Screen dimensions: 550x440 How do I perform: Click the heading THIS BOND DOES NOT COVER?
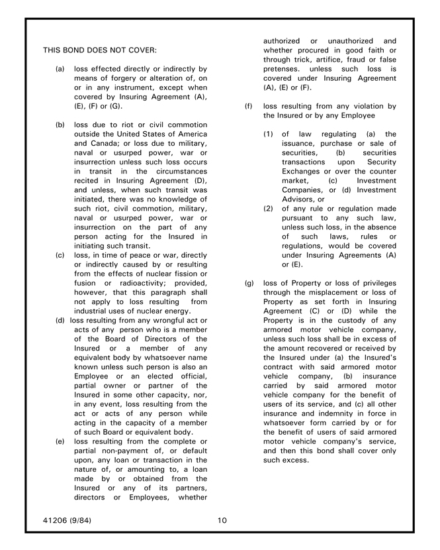[x=100, y=50]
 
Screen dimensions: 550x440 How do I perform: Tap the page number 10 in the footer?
[x=222, y=520]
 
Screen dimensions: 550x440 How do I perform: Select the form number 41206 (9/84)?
[x=67, y=520]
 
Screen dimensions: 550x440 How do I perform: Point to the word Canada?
[x=87, y=143]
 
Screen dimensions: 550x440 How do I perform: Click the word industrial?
[x=93, y=311]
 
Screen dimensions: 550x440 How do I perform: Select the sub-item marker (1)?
[x=268, y=134]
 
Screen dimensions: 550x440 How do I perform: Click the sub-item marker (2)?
[x=268, y=208]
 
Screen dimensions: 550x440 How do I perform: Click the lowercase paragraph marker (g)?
[x=249, y=282]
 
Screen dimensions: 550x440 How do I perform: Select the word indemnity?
[x=330, y=413]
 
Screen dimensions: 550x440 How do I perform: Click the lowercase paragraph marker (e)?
[x=60, y=441]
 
